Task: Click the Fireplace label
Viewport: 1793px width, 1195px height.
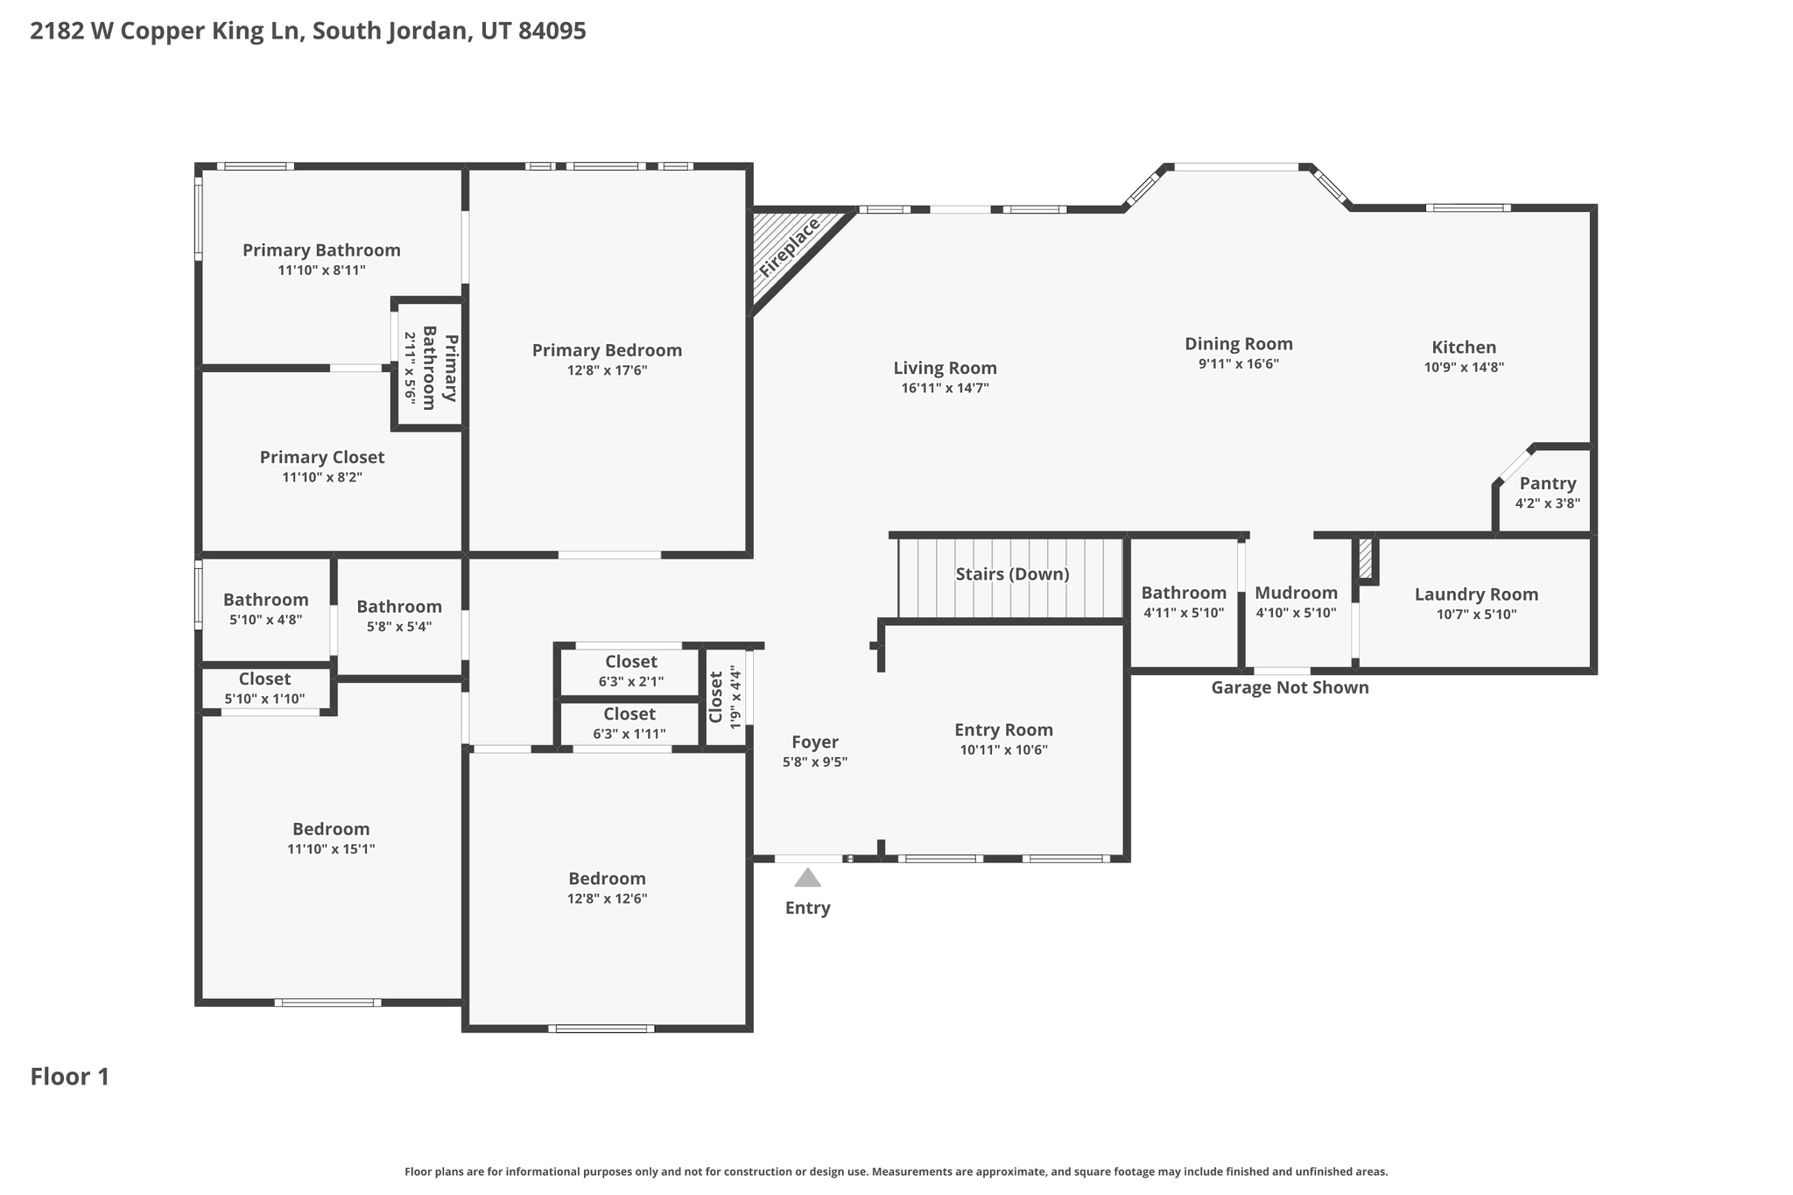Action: pyautogui.click(x=789, y=248)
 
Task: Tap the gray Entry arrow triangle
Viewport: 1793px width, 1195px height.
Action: pyautogui.click(x=807, y=877)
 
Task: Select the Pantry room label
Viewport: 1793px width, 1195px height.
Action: pyautogui.click(x=1547, y=483)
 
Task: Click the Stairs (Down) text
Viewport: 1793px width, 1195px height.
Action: pyautogui.click(x=1012, y=574)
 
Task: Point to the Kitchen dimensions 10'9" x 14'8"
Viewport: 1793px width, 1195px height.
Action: pyautogui.click(x=1464, y=368)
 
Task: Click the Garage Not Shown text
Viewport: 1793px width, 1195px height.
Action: pyautogui.click(x=1290, y=688)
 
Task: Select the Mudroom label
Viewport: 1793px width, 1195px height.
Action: pyautogui.click(x=1296, y=593)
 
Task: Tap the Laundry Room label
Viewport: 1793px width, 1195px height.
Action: pyautogui.click(x=1476, y=594)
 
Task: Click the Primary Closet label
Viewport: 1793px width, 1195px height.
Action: pyautogui.click(x=321, y=457)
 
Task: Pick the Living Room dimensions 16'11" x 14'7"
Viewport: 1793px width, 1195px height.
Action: pyautogui.click(x=945, y=389)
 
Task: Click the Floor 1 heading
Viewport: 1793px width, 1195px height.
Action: pyautogui.click(x=70, y=1077)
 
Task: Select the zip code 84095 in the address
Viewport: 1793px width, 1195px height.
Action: pyautogui.click(x=552, y=32)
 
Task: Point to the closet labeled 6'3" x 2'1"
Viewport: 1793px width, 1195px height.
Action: pyautogui.click(x=630, y=671)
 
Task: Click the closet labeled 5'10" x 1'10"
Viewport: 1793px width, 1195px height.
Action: pyautogui.click(x=264, y=688)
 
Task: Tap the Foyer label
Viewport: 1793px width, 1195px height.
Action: pyautogui.click(x=814, y=742)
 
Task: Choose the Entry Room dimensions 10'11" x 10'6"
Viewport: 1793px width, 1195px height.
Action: pyautogui.click(x=1003, y=750)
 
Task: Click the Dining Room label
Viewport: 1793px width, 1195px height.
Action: pyautogui.click(x=1238, y=344)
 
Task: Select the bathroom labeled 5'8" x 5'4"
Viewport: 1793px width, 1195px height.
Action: pyautogui.click(x=398, y=615)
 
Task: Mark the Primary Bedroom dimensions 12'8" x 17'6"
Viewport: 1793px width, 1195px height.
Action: pyautogui.click(x=607, y=371)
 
